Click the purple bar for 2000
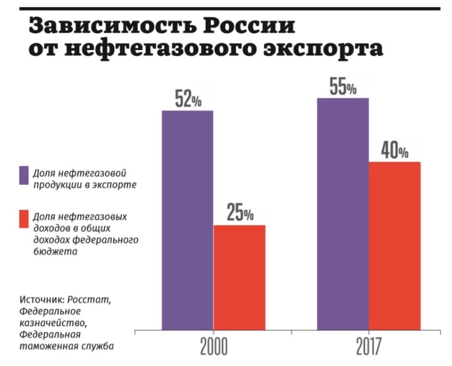(x=187, y=221)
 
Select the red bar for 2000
(x=239, y=278)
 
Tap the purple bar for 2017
(x=343, y=214)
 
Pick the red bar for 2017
(x=395, y=246)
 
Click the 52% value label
(x=187, y=100)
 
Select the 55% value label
(x=343, y=87)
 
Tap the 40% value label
(x=395, y=151)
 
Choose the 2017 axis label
(x=369, y=347)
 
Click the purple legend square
(x=24, y=176)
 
